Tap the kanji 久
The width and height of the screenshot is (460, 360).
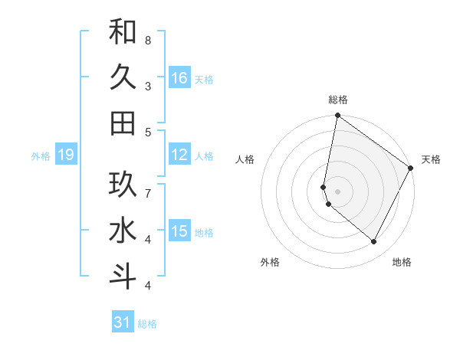[x=123, y=77]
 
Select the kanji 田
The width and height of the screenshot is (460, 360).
[x=123, y=123]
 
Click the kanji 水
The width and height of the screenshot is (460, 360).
[x=123, y=231]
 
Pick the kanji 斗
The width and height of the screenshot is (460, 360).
[x=123, y=277]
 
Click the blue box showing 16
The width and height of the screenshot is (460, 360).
[x=179, y=77]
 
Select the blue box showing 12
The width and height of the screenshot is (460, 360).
[x=179, y=155]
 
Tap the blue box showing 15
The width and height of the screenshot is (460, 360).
[x=179, y=231]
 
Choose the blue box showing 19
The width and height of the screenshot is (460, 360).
[x=65, y=155]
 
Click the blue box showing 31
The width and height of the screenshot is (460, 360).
[x=123, y=322]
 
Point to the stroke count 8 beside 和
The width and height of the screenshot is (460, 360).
[x=148, y=40]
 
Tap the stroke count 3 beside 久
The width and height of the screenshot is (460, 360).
[x=148, y=86]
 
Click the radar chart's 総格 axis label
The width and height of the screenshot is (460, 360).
[x=338, y=100]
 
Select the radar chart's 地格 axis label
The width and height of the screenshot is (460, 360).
[x=402, y=262]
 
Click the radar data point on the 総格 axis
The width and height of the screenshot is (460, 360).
[x=337, y=116]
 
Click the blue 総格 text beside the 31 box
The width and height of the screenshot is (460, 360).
[x=147, y=324]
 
